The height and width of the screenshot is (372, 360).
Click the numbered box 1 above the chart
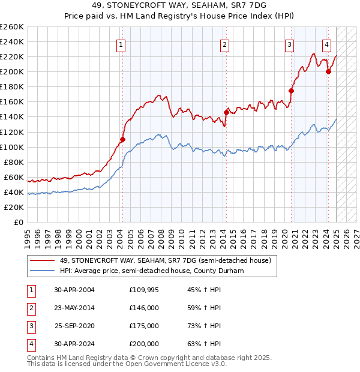tap(121, 44)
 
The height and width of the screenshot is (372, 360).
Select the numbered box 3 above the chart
tap(289, 44)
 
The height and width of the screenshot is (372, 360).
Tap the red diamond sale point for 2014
tap(226, 112)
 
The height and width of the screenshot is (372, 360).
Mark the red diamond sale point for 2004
tap(122, 139)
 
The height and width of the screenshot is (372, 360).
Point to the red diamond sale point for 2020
tap(291, 91)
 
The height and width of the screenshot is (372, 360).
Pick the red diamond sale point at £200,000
tap(328, 71)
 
